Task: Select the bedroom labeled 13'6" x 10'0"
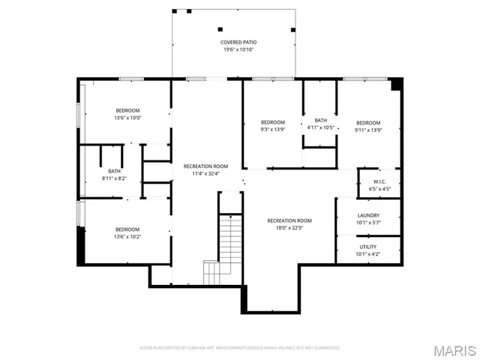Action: [127, 113]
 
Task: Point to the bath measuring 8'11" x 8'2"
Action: [114, 174]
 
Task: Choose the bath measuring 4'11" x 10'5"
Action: [320, 124]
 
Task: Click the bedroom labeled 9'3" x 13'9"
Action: [273, 125]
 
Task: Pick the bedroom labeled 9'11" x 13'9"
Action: [368, 126]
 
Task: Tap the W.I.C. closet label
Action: [379, 181]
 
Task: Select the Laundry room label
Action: [368, 215]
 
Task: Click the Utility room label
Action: [368, 246]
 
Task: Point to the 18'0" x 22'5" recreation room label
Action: [289, 224]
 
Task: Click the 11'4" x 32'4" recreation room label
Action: [205, 169]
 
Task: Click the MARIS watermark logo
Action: [453, 349]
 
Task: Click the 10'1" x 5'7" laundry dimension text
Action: [368, 223]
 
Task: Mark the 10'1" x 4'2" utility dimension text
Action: [368, 254]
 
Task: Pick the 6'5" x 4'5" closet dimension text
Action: [379, 189]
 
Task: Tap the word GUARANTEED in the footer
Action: [326, 348]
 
